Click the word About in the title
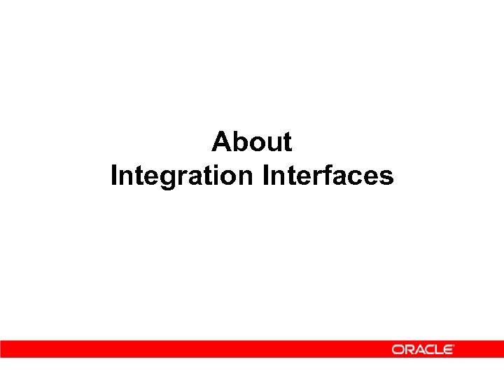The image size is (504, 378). tap(252, 142)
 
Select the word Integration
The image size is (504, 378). tap(183, 176)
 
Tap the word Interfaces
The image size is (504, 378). tap(328, 176)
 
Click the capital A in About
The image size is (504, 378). tap(222, 142)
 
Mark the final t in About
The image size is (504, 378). tap(286, 142)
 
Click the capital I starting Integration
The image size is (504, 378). tap(114, 176)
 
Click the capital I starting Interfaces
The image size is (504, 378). tap(266, 176)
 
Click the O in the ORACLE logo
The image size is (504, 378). tap(398, 349)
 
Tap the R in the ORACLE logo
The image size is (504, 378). tap(409, 349)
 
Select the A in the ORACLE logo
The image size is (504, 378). tap(419, 349)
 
